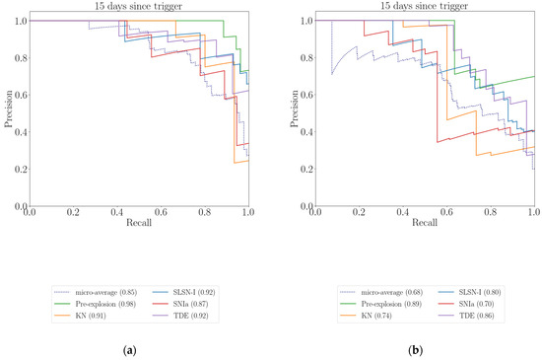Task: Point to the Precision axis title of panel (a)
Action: pos(8,112)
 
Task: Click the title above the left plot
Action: pos(138,8)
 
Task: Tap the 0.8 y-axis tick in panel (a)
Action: pos(20,57)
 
